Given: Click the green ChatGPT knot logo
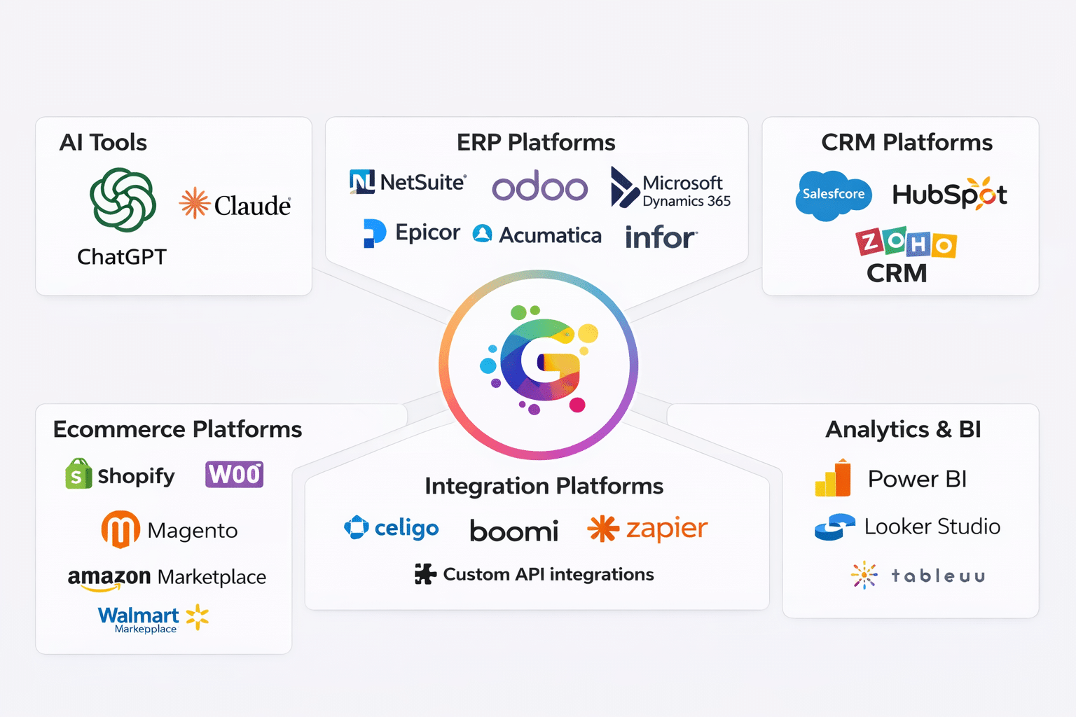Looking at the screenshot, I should (x=123, y=200).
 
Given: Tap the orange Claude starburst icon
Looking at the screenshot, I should (x=194, y=204).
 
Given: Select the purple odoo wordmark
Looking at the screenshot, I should (x=539, y=186).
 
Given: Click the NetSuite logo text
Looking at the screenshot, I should (x=422, y=183).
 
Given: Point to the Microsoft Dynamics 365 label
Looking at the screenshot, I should (x=686, y=191).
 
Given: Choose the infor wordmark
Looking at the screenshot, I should (x=660, y=237).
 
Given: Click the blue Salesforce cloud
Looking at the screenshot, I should (x=833, y=195).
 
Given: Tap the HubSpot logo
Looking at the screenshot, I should (x=949, y=195).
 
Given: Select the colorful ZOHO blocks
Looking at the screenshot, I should (x=906, y=243).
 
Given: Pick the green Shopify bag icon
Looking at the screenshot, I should (x=78, y=474).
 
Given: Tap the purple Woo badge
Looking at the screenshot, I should (x=234, y=474).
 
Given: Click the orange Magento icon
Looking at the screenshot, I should (x=120, y=529).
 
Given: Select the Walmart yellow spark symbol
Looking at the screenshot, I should (x=198, y=616).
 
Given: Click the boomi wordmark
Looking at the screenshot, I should (x=513, y=531).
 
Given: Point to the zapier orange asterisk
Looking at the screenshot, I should (x=602, y=529).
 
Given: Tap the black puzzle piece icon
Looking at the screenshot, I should (x=425, y=573).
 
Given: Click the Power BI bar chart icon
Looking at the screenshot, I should (x=832, y=479).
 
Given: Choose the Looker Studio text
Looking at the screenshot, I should (x=932, y=527).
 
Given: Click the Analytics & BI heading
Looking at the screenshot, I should (x=903, y=429).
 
